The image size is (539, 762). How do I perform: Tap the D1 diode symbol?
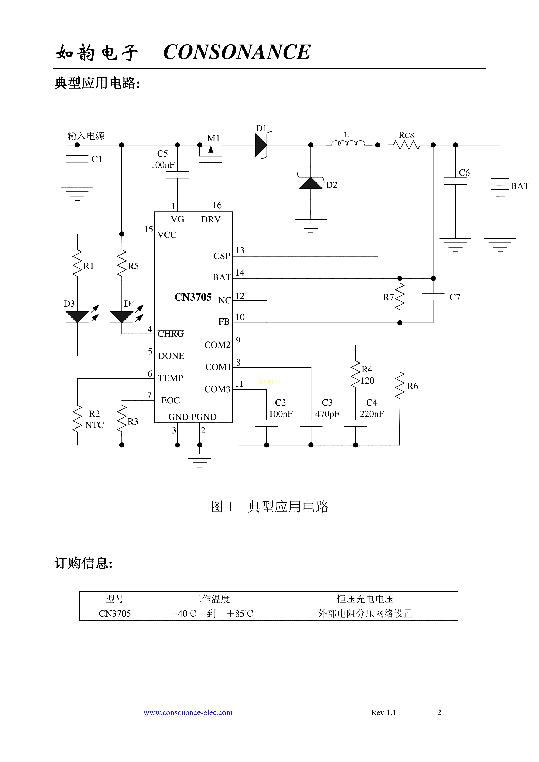(x=261, y=145)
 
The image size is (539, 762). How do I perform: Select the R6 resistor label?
(x=413, y=386)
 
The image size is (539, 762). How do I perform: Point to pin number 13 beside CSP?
(x=240, y=251)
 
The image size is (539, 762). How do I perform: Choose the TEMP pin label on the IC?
(x=171, y=378)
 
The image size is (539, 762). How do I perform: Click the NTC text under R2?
(x=95, y=425)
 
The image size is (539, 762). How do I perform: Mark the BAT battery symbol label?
(x=520, y=186)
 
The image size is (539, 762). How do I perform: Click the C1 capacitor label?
(x=97, y=159)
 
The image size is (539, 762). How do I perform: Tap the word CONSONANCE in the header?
(x=237, y=52)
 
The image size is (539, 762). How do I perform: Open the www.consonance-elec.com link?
(x=188, y=712)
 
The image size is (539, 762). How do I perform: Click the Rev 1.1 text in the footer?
(x=383, y=712)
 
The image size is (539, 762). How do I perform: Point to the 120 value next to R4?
(x=367, y=381)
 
